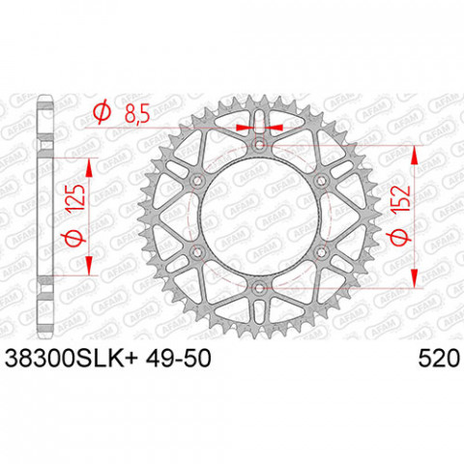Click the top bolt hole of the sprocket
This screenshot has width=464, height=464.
259,145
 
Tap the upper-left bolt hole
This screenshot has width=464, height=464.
198,180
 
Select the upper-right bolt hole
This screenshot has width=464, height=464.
320,180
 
